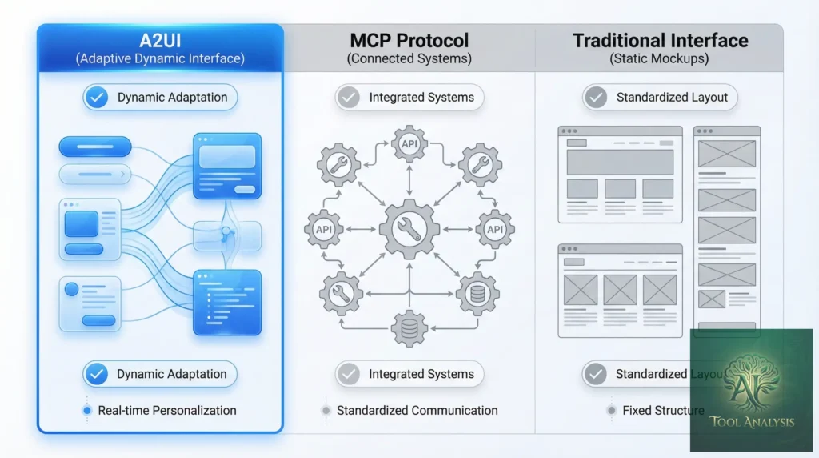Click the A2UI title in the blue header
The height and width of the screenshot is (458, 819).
(x=160, y=39)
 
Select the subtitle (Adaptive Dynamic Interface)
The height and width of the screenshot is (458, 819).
(x=160, y=58)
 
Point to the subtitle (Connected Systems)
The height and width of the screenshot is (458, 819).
(x=409, y=58)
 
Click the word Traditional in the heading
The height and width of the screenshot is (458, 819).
(x=620, y=40)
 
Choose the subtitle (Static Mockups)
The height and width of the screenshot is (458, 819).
(x=660, y=58)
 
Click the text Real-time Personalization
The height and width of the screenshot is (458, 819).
(x=167, y=410)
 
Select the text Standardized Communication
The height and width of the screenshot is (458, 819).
(x=417, y=410)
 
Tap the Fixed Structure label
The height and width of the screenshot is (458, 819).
(x=663, y=410)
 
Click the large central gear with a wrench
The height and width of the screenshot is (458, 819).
(x=409, y=230)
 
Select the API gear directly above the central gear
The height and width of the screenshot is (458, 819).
(x=409, y=144)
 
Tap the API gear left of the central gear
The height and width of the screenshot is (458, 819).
(x=324, y=230)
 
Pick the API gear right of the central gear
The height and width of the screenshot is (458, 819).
(x=495, y=230)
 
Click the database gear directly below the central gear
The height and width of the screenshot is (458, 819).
(x=409, y=327)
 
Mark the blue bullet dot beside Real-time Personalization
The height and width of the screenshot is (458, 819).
(x=87, y=411)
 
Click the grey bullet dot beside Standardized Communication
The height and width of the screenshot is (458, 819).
(x=326, y=411)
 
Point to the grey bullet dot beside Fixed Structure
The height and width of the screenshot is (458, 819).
(x=612, y=411)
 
